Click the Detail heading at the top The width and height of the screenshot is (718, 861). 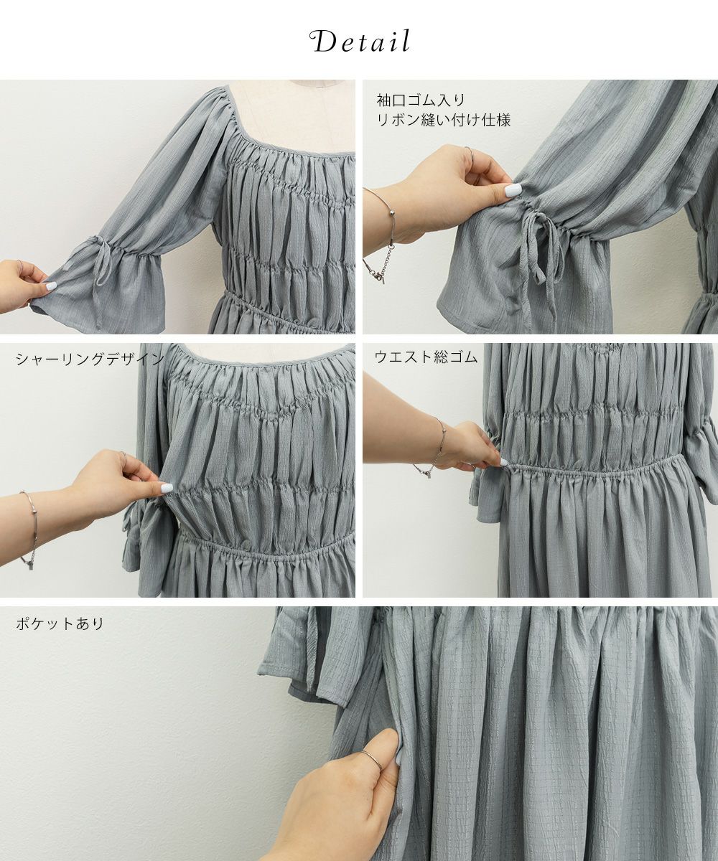tap(360, 42)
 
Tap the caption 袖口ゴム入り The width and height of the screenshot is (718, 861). tap(421, 100)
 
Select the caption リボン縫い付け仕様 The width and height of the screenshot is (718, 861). tap(444, 120)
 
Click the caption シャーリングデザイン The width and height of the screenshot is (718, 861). tap(90, 359)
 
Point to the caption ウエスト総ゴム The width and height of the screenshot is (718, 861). tap(426, 357)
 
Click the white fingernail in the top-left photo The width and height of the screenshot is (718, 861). tap(50, 286)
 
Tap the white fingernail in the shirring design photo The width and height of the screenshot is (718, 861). tap(167, 487)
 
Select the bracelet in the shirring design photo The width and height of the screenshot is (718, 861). tap(29, 528)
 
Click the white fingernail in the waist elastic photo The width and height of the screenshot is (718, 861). tap(504, 462)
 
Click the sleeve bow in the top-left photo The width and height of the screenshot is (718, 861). tap(99, 264)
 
